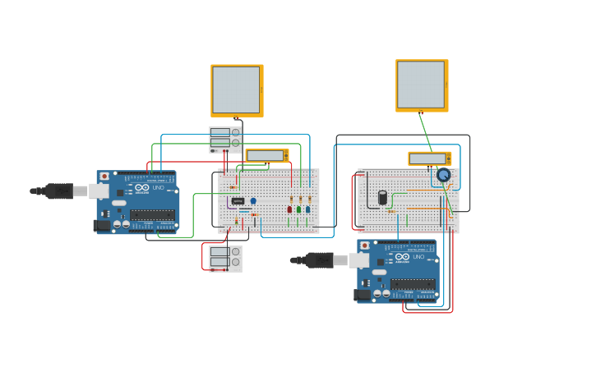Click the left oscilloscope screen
(236, 90)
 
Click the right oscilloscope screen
(421, 84)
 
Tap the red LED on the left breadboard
(289, 209)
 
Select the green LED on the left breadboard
(298, 209)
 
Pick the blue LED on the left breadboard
(307, 209)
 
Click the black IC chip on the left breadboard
(238, 200)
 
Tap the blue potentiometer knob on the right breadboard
(443, 175)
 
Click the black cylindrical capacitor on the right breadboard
(382, 197)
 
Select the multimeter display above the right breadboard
(427, 158)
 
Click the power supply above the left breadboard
(224, 139)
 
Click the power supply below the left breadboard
(224, 258)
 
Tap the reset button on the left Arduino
(104, 176)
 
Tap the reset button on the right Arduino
(365, 245)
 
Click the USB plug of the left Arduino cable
(59, 191)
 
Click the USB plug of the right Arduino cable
(320, 260)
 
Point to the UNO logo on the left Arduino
(158, 188)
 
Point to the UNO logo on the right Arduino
(418, 257)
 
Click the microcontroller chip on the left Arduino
(152, 215)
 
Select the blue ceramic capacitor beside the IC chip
(253, 200)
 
